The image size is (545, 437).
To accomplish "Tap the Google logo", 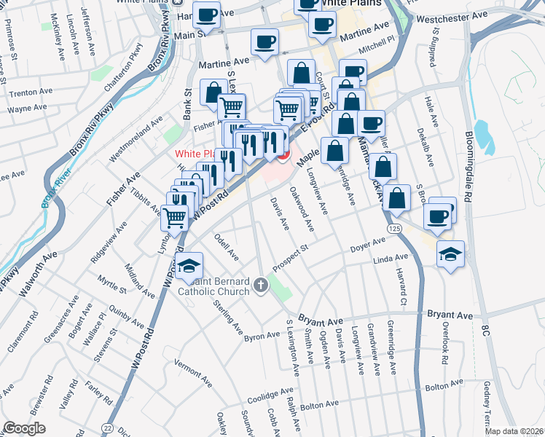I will click(x=24, y=428).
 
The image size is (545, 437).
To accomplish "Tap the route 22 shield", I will click(x=108, y=428).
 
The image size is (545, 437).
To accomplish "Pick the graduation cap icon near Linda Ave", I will click(x=451, y=255).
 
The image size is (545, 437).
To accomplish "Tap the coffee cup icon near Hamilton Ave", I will click(x=207, y=15).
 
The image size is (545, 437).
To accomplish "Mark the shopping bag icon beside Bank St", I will click(x=213, y=93).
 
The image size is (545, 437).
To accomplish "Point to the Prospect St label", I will click(x=291, y=259).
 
